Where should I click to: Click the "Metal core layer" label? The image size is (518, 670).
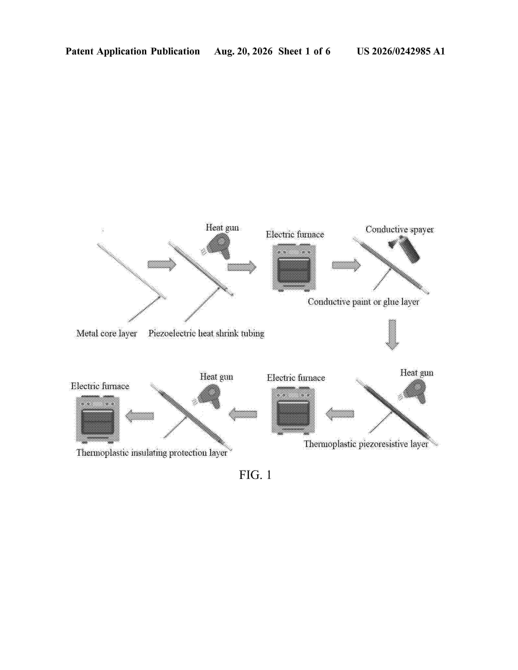click(106, 333)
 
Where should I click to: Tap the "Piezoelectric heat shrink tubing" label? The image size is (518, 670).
click(206, 333)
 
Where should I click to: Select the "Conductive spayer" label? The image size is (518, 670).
click(400, 229)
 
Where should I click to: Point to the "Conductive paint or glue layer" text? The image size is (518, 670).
click(363, 302)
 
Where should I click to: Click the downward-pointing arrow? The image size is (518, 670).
click(392, 334)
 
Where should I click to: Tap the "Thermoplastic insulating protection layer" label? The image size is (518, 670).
click(152, 453)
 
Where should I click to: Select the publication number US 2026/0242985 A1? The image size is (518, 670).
click(401, 51)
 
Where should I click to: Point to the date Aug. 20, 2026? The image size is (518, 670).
click(243, 51)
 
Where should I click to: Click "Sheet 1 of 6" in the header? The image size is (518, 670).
click(304, 51)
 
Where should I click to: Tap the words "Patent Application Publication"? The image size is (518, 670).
click(133, 51)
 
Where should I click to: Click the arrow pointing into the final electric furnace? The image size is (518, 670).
click(140, 416)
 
